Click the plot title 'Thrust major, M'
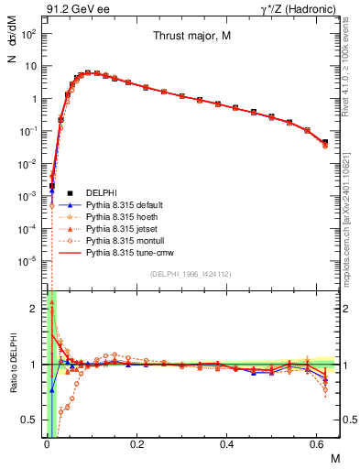tap(191, 37)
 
